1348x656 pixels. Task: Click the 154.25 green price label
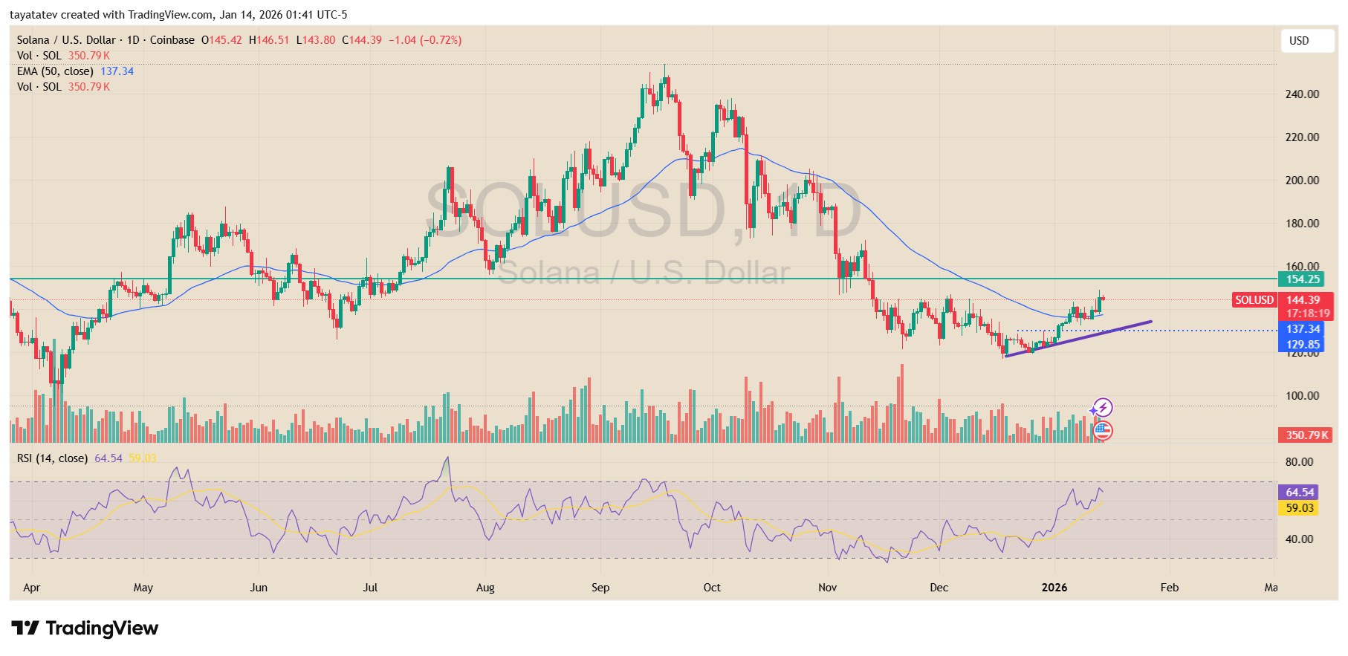[x=1303, y=279]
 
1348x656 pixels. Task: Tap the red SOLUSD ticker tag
[x=1254, y=300]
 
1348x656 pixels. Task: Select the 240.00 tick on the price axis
[x=1302, y=94]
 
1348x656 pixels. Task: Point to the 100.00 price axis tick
[x=1302, y=396]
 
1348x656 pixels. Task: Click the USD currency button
[x=1307, y=41]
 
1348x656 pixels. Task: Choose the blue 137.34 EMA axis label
[x=1303, y=329]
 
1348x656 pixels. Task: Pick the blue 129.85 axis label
[x=1303, y=345]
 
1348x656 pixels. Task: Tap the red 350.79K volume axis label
[x=1306, y=435]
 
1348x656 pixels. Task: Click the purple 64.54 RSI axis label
[x=1300, y=493]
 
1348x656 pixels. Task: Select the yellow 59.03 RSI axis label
[x=1300, y=508]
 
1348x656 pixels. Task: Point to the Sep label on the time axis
[x=600, y=588]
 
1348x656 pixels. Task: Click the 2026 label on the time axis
[x=1054, y=588]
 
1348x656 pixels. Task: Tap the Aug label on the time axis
[x=485, y=588]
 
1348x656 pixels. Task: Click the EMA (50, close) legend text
[x=56, y=71]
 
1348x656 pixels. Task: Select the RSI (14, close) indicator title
[x=52, y=458]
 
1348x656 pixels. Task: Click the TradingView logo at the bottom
[x=85, y=629]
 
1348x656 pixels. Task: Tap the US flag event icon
[x=1103, y=430]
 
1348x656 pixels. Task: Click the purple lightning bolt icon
[x=1104, y=407]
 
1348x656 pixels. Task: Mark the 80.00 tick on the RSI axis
[x=1299, y=462]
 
